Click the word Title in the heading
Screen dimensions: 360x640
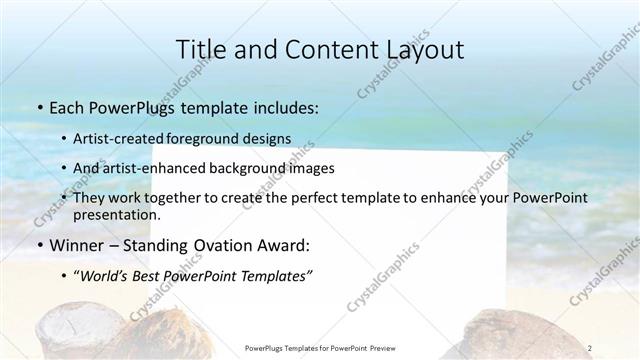(x=201, y=49)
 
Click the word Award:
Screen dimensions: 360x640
(x=284, y=245)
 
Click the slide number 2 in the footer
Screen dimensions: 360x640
(x=591, y=347)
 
